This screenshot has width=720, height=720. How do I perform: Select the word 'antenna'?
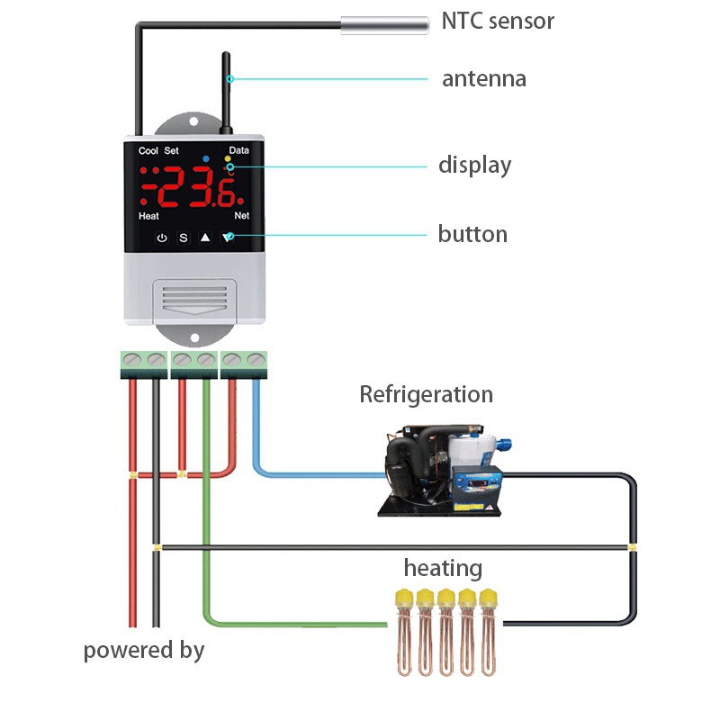pos(483,79)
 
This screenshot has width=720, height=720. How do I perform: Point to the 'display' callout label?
pos(474,166)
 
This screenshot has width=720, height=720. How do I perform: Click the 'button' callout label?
pos(472,235)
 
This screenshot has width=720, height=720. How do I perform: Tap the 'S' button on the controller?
pos(184,238)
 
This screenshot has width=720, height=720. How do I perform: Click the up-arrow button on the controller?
pos(205,238)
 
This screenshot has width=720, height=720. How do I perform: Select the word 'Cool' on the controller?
pos(148,151)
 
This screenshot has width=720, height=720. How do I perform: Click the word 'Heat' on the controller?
pos(149,217)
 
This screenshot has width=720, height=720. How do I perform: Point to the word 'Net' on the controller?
pos(241,217)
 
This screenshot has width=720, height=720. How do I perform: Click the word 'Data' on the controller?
pos(239,151)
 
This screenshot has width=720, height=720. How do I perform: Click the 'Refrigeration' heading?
pos(426,394)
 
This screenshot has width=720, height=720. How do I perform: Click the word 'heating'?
pos(442,569)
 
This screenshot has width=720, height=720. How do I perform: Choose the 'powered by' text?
pos(144,650)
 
